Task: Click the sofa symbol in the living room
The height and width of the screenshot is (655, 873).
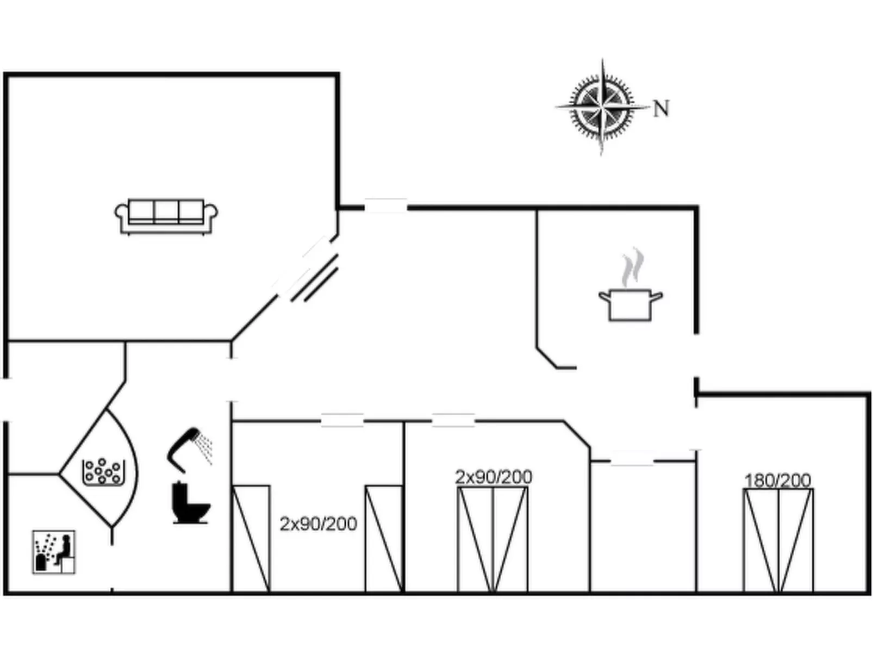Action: point(166,216)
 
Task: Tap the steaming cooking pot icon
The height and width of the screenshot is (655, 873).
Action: point(630,304)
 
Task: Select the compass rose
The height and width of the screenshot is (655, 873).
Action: point(602,106)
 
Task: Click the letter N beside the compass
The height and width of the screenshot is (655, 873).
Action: point(660,109)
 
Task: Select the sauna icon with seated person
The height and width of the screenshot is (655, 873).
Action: point(54,552)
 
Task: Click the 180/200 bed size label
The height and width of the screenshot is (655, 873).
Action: point(777,481)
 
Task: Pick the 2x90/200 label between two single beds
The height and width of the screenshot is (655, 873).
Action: point(318,524)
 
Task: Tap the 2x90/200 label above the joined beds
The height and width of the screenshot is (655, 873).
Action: point(493,477)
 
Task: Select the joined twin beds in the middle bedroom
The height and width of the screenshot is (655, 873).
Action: point(492,539)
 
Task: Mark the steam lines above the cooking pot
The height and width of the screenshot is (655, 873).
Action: point(632,268)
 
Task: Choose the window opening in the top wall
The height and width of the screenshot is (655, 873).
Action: point(385,206)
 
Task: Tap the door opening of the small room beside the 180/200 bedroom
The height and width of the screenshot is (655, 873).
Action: point(632,461)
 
